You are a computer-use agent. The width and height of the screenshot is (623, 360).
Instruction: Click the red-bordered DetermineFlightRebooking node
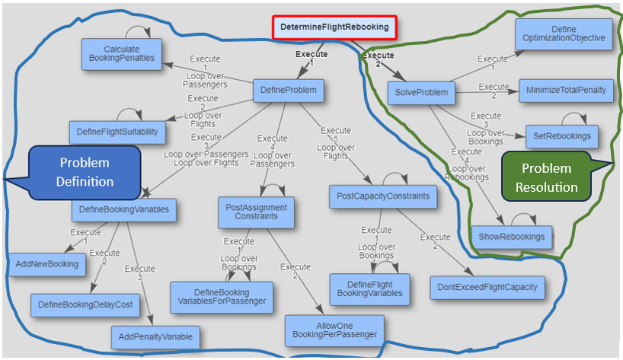(334, 28)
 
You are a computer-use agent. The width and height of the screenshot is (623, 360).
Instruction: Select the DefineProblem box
(288, 92)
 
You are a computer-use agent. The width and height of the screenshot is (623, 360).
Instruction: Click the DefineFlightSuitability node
(117, 132)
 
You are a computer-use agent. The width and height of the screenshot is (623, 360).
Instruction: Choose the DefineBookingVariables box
(124, 209)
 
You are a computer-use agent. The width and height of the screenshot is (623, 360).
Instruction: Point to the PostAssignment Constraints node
(256, 212)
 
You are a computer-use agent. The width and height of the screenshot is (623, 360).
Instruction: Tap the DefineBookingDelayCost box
(85, 304)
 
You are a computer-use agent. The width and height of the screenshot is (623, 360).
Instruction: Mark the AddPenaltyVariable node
(155, 336)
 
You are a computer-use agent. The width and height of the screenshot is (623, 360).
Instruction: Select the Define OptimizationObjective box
(564, 33)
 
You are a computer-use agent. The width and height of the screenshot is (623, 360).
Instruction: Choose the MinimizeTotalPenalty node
(566, 91)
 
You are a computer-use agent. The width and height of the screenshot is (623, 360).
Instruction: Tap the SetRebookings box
(563, 137)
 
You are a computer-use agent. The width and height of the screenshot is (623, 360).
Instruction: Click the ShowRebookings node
(512, 237)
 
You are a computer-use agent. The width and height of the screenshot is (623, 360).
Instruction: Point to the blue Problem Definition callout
(85, 171)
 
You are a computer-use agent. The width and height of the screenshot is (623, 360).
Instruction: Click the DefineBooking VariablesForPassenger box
(221, 297)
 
